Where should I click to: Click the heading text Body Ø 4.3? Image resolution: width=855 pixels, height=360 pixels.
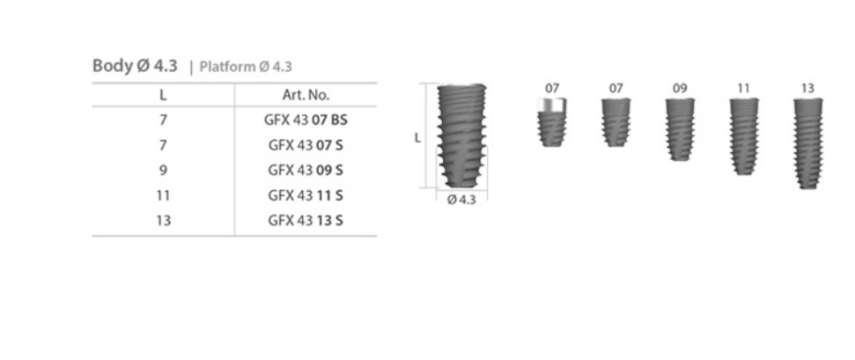[135, 65]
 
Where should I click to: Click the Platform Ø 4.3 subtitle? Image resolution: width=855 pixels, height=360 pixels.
[246, 67]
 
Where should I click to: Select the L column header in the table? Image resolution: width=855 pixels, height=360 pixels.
[163, 95]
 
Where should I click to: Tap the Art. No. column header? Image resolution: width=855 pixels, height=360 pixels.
[306, 95]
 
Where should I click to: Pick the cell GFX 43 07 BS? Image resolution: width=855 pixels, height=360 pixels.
[306, 120]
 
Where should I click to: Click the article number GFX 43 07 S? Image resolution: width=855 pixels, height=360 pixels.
[306, 145]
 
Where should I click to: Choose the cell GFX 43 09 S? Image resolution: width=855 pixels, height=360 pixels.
[306, 170]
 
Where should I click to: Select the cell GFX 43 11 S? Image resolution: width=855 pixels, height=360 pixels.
[306, 195]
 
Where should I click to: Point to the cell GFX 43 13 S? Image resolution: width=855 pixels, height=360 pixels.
[306, 220]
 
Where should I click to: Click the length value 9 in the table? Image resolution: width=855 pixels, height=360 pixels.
[163, 170]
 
